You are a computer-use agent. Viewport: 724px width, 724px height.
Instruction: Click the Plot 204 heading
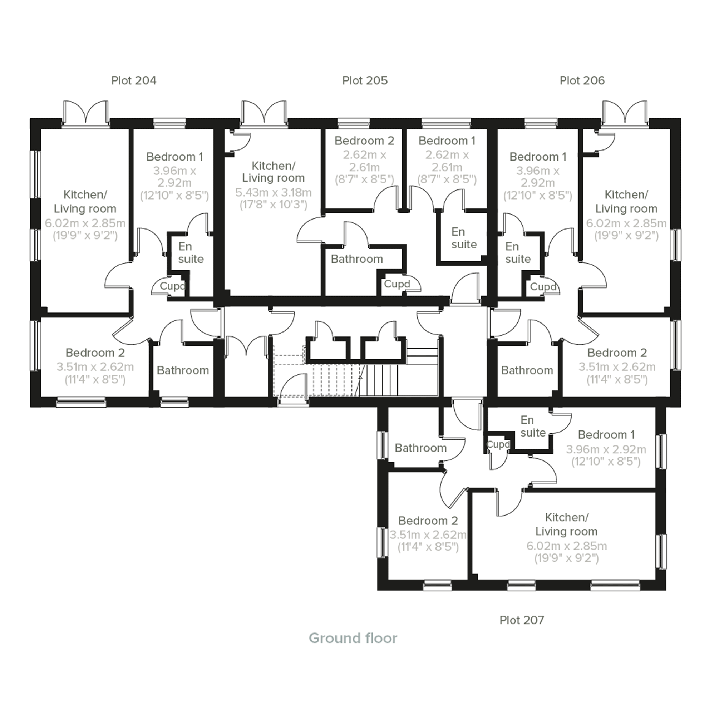click(133, 80)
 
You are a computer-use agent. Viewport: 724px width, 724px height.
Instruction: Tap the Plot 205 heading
click(365, 80)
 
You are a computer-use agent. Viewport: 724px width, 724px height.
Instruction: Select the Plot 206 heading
click(582, 80)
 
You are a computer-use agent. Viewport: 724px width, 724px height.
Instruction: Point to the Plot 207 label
click(521, 620)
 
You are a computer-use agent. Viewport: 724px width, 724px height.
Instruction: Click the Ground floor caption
click(353, 638)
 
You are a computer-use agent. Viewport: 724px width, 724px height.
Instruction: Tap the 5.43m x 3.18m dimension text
click(273, 193)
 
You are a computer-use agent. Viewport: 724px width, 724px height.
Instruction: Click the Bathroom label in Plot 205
click(356, 259)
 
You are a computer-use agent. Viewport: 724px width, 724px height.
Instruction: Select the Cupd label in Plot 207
click(498, 444)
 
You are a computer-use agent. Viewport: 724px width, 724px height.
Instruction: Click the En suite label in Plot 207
click(532, 427)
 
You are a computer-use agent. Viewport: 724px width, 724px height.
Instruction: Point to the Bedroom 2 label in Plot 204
click(95, 353)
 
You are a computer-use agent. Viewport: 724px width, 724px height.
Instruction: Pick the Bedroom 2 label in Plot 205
click(364, 141)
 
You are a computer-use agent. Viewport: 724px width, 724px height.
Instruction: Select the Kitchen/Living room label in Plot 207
click(566, 524)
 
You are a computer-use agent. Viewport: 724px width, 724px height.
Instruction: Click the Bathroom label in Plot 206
click(527, 370)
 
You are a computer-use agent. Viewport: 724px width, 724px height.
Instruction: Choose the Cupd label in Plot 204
click(172, 286)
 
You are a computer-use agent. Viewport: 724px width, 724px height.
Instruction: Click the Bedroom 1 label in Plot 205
click(447, 141)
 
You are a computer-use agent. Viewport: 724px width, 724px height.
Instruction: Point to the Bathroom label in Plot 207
click(420, 448)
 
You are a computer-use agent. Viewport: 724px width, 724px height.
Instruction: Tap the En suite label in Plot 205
click(464, 238)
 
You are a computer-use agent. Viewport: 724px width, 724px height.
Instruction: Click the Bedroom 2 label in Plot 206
click(617, 353)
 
